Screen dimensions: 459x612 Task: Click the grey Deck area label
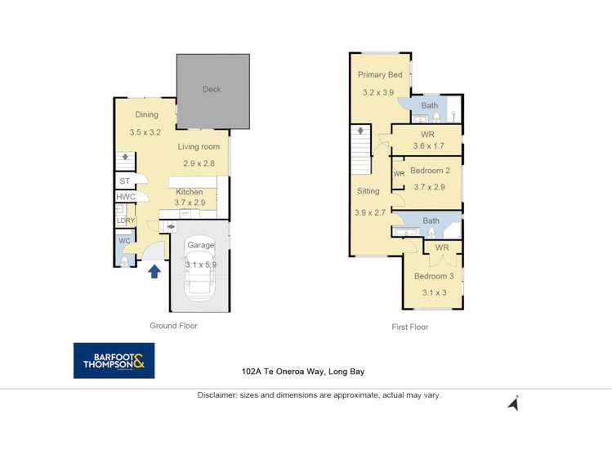point(212,90)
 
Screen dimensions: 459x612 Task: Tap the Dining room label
point(146,115)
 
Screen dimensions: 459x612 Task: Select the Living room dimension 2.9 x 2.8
point(199,163)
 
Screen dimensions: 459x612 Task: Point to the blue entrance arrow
point(154,270)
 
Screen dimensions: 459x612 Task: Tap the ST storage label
point(124,181)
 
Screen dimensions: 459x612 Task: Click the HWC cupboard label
point(126,197)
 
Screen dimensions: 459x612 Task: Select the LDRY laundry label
point(126,221)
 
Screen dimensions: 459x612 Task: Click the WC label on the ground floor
point(123,241)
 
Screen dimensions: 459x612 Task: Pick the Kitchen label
point(190,192)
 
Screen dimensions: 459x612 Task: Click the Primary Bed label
point(380,75)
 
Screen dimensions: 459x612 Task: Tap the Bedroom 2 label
point(430,171)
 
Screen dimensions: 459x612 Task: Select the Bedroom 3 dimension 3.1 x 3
point(434,292)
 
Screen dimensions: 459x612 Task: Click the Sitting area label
point(368,191)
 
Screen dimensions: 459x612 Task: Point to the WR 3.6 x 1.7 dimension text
point(428,146)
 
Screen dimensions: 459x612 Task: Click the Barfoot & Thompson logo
point(114,360)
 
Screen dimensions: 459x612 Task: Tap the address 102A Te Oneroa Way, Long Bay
point(302,371)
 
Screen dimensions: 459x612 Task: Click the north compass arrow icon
point(513,403)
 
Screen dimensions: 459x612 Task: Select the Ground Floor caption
point(173,326)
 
